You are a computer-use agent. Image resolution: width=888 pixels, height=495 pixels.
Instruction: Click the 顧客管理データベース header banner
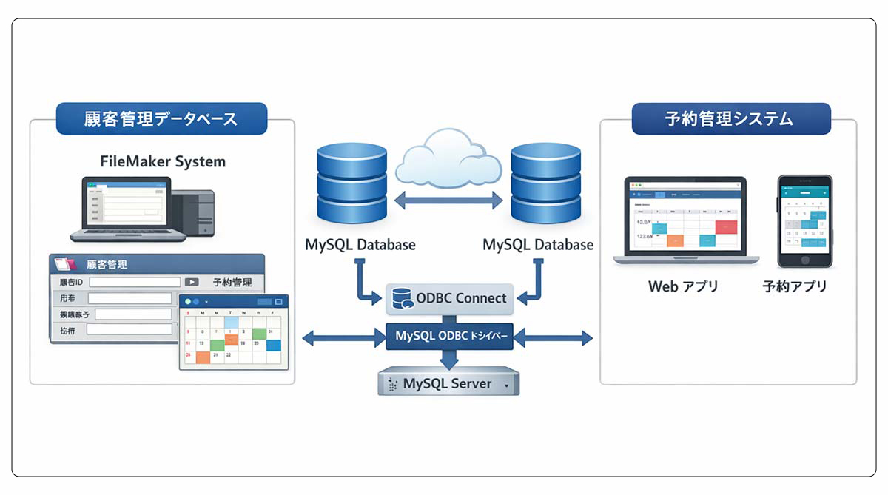pos(161,118)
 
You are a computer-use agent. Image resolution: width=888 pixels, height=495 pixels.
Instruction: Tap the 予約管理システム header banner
pos(730,118)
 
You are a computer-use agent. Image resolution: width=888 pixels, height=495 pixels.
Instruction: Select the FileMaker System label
pos(163,161)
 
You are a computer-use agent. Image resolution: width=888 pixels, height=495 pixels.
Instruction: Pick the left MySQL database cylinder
pos(351,185)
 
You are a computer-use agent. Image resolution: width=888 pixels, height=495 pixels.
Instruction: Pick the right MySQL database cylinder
pos(545,185)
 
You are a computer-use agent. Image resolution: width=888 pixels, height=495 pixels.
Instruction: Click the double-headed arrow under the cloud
pos(448,199)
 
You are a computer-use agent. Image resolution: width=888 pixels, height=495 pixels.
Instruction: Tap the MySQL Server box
pos(448,384)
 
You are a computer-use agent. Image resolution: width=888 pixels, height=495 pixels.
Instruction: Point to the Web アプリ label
pos(683,286)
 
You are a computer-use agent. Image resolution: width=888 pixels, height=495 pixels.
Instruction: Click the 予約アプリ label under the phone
pos(795,286)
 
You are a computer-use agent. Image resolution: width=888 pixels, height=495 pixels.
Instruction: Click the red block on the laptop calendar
pos(726,226)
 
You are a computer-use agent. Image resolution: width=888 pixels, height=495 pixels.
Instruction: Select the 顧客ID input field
pos(135,282)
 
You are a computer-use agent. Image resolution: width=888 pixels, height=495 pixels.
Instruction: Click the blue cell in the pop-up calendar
pos(274,345)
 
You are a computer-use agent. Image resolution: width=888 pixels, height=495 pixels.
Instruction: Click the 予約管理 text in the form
pos(232,282)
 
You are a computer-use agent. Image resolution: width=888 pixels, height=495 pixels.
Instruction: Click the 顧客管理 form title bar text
pos(107,264)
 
